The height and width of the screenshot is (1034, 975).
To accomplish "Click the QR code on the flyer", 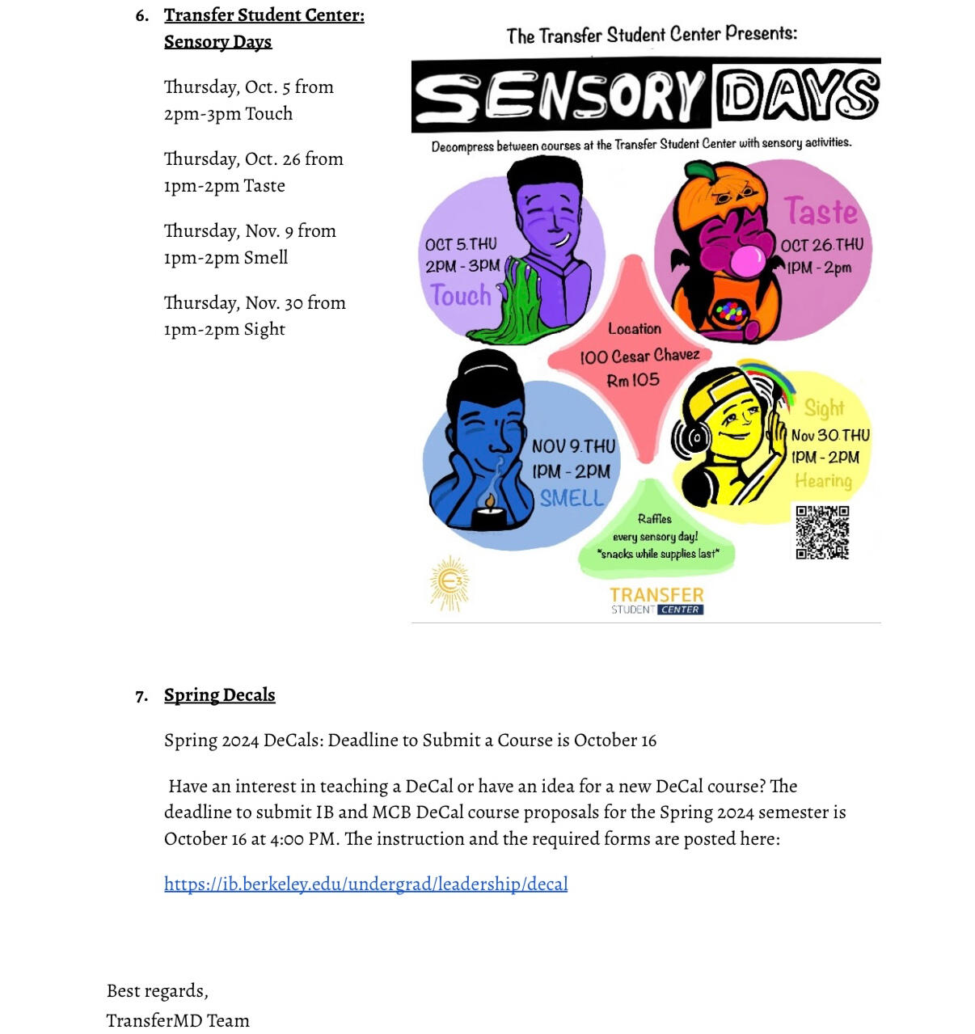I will click(x=822, y=532).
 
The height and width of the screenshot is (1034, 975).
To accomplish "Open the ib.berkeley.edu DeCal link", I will click(x=365, y=884).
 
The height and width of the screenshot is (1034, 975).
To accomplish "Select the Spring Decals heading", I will click(x=219, y=695).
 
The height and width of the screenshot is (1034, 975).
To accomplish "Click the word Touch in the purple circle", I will click(x=461, y=295).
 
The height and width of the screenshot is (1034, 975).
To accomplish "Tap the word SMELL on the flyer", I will click(x=572, y=498).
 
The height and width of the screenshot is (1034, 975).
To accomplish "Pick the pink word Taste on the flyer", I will click(x=821, y=212).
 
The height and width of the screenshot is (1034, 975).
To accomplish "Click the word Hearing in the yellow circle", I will click(x=823, y=481).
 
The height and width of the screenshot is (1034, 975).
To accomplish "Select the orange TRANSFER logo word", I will click(x=656, y=595).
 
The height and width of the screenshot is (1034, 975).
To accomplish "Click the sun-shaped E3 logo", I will click(x=450, y=582).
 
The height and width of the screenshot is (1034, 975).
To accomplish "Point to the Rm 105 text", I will click(x=633, y=380).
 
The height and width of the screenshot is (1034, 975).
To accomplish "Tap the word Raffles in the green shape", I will click(x=654, y=519).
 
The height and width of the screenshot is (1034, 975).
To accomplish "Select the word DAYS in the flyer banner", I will click(x=796, y=95).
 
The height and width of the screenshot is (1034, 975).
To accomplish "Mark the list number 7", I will click(x=141, y=696).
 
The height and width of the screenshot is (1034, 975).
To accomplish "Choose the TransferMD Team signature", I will click(x=178, y=1020).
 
